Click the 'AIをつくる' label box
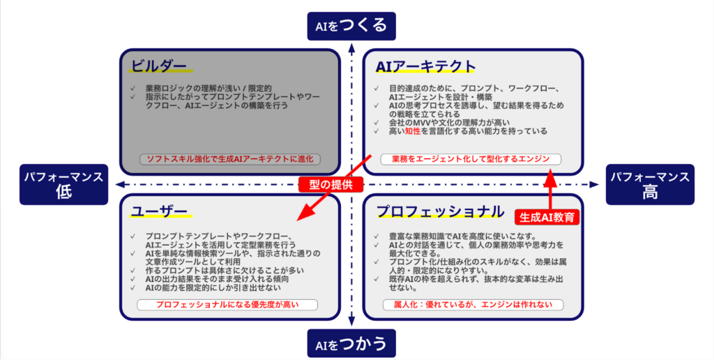coord(351,27)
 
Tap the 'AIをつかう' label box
coord(351,343)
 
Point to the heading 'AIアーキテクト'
coord(425,66)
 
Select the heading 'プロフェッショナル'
coord(440,211)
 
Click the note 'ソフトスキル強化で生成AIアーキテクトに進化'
coord(229,159)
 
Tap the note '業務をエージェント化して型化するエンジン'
coord(471,159)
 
